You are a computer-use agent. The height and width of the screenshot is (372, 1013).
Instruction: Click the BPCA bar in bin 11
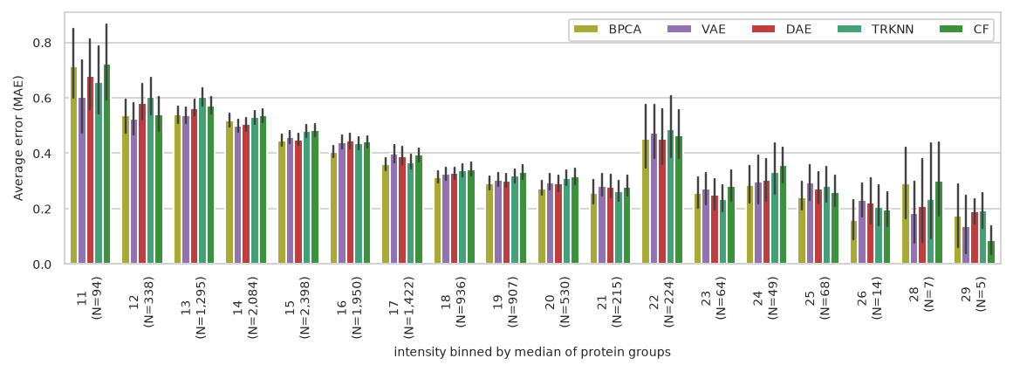(x=73, y=166)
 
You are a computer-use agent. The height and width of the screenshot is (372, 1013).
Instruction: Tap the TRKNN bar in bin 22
(x=671, y=197)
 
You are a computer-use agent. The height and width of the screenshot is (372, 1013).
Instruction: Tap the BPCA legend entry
(x=606, y=29)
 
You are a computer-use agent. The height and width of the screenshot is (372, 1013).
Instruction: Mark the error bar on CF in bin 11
(x=106, y=62)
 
